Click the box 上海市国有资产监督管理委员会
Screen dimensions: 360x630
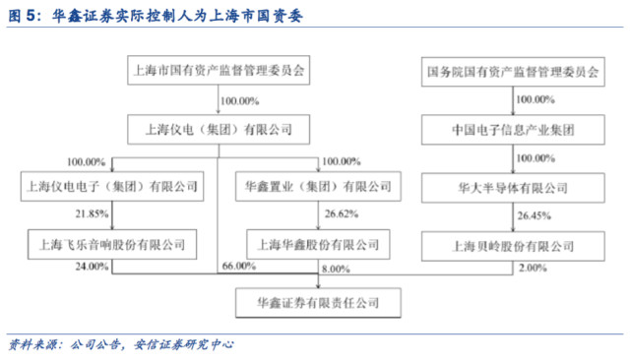(219, 72)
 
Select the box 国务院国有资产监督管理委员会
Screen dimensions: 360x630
(513, 72)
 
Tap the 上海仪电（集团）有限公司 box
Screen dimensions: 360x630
(219, 128)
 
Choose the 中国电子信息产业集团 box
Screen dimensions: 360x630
(513, 128)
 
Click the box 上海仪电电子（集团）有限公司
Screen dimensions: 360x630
(109, 185)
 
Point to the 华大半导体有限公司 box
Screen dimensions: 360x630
(513, 185)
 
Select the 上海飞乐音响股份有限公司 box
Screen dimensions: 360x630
(109, 241)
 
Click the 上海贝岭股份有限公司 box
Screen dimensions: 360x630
(513, 241)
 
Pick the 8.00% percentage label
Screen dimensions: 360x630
(335, 267)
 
